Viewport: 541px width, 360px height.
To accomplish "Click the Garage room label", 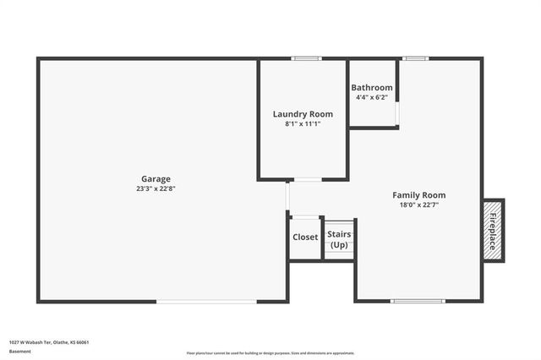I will pyautogui.click(x=156, y=178).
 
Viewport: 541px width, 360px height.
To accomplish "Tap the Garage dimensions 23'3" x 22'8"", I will pyautogui.click(x=156, y=188).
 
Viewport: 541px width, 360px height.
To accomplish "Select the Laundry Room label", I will pyautogui.click(x=303, y=114).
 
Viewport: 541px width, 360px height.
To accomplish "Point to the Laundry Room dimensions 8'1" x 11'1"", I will pyautogui.click(x=303, y=124).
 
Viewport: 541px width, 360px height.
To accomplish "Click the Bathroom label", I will pyautogui.click(x=372, y=88).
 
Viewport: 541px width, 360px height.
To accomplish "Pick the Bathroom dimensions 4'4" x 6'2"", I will pyautogui.click(x=372, y=97).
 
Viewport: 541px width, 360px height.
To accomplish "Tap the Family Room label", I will pyautogui.click(x=418, y=195).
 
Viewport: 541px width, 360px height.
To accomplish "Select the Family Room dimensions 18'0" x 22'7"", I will pyautogui.click(x=418, y=205).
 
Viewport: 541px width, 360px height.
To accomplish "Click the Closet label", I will pyautogui.click(x=305, y=237).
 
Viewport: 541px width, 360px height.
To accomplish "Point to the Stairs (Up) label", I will pyautogui.click(x=339, y=239).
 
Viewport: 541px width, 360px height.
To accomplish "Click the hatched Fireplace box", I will pyautogui.click(x=493, y=231).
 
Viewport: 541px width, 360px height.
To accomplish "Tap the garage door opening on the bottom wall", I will pyautogui.click(x=207, y=301).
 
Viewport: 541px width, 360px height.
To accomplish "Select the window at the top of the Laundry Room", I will pyautogui.click(x=306, y=58).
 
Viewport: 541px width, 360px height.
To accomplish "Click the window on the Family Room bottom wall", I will pyautogui.click(x=418, y=301).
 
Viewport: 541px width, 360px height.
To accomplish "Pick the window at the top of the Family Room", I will pyautogui.click(x=414, y=58).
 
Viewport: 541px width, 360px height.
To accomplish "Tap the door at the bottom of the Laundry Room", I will pyautogui.click(x=306, y=179).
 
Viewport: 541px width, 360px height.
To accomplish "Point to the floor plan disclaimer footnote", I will pyautogui.click(x=270, y=353).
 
